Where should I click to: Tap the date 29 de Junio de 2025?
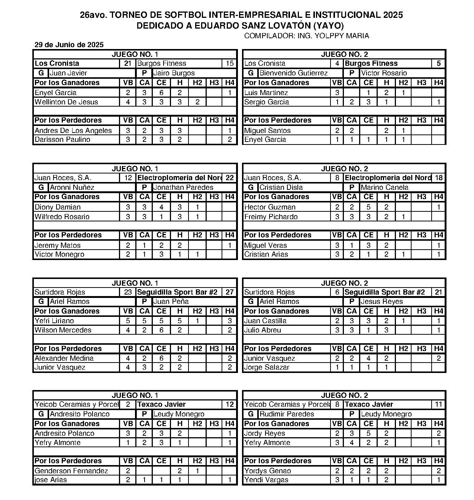(69, 45)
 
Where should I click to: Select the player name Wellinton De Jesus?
(66, 102)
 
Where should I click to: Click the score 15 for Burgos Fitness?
(229, 64)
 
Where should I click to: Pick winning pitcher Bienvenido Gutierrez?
(293, 73)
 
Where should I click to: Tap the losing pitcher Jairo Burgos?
(174, 73)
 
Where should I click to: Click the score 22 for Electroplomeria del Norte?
(229, 178)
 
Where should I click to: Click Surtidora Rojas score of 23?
(128, 292)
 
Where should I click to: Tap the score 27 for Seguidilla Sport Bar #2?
(229, 292)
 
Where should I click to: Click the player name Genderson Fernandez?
(71, 471)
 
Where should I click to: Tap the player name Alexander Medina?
(64, 358)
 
